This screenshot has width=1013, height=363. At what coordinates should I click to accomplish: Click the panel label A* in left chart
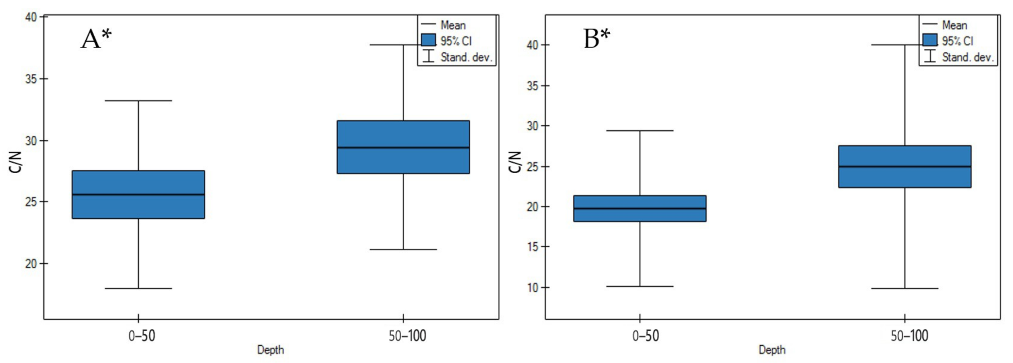click(x=96, y=40)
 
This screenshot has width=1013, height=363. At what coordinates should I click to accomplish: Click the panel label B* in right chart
click(x=597, y=40)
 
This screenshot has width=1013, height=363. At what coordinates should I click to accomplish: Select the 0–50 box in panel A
click(x=138, y=194)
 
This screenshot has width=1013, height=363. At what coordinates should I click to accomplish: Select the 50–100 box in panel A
click(x=403, y=147)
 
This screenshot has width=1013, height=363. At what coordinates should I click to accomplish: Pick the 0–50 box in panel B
click(x=640, y=208)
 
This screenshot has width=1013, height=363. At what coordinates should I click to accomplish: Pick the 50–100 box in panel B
click(x=904, y=166)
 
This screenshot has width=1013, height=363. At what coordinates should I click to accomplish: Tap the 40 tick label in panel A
click(x=31, y=17)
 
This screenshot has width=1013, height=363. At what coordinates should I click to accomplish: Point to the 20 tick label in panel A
click(x=31, y=263)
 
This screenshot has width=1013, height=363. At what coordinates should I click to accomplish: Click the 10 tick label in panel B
click(x=533, y=288)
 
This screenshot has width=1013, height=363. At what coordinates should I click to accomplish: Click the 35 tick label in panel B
click(x=533, y=86)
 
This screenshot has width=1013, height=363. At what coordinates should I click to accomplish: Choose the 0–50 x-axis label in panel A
click(x=142, y=336)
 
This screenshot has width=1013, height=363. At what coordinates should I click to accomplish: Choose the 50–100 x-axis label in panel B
click(x=909, y=336)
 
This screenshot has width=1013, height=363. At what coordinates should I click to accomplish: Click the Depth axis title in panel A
click(x=270, y=350)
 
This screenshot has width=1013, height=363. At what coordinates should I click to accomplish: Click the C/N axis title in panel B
click(x=515, y=161)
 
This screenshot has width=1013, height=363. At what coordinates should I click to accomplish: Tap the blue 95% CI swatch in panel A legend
click(x=428, y=41)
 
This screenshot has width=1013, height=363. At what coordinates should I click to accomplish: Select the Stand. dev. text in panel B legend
click(x=968, y=57)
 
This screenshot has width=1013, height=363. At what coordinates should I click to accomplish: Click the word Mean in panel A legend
click(x=453, y=25)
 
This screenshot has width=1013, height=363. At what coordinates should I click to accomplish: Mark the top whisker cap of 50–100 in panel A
click(x=403, y=45)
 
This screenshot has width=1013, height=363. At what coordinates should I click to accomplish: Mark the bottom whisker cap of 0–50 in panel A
click(x=138, y=288)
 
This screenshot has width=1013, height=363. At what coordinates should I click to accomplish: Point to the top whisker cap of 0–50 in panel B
click(x=640, y=130)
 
